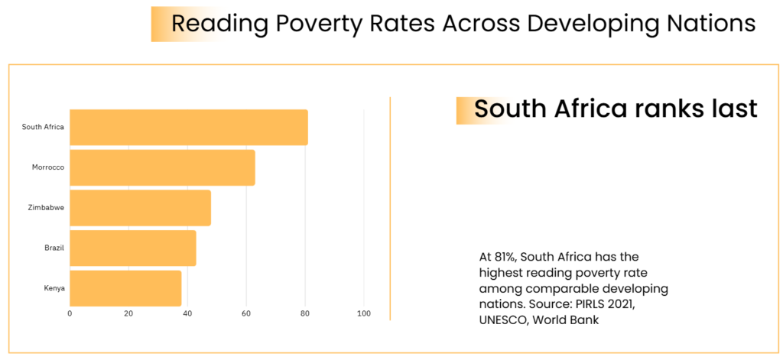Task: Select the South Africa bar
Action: [188, 128]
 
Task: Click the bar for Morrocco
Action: [162, 167]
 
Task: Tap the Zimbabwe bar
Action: [140, 208]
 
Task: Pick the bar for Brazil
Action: [132, 248]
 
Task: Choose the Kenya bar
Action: [125, 288]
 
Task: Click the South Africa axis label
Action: [43, 128]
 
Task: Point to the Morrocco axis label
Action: [47, 167]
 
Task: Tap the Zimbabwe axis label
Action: [45, 208]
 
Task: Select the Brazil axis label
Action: [54, 248]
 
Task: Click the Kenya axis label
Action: [54, 288]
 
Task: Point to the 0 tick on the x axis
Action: [70, 313]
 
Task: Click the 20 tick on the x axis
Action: [128, 313]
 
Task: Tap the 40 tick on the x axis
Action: [187, 313]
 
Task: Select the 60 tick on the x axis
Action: [246, 313]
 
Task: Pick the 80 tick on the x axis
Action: [305, 313]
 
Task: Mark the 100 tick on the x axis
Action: [364, 313]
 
